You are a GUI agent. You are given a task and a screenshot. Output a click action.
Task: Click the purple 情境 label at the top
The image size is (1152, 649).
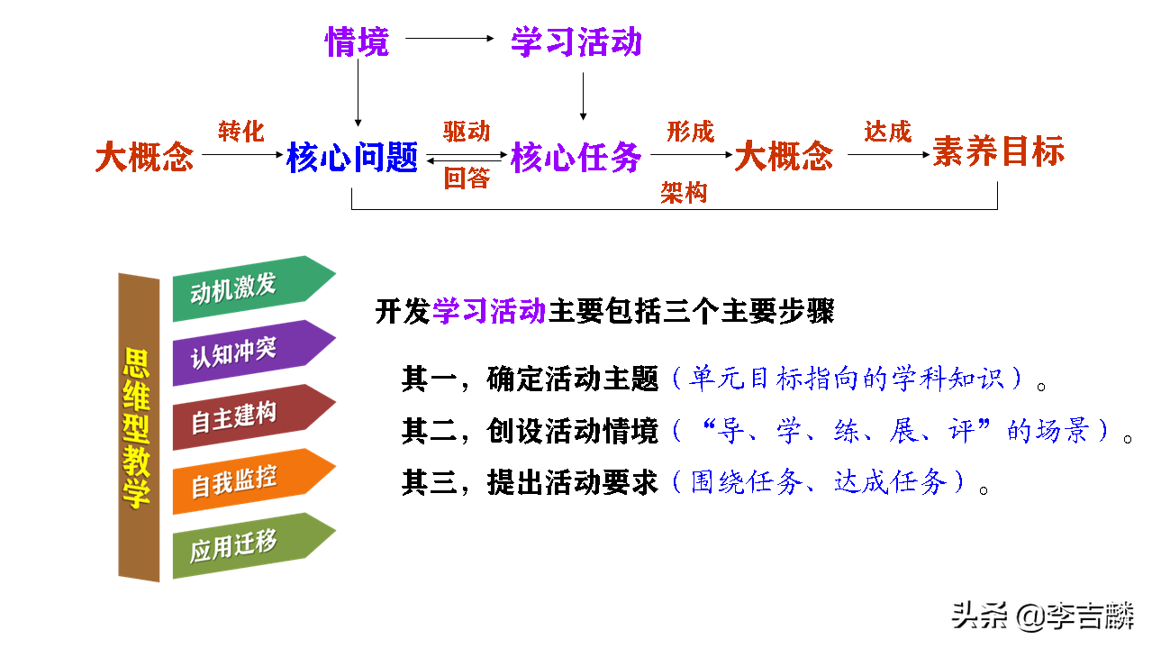point(357,41)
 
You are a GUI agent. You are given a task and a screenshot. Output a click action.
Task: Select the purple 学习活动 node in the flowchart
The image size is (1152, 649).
point(576,41)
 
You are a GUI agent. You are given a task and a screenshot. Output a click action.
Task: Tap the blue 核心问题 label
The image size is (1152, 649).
point(352,158)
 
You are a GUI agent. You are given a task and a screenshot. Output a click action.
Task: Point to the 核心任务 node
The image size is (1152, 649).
point(576,158)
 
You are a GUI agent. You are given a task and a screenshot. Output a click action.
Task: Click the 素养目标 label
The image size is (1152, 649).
point(998,151)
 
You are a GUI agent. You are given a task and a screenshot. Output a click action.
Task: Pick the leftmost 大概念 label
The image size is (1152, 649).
point(144,158)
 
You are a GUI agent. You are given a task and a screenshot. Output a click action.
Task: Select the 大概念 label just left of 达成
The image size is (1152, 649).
point(784,158)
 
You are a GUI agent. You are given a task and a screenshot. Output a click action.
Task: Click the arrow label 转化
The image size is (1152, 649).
point(241,132)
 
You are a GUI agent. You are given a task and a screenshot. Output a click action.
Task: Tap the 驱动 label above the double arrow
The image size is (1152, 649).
point(467,132)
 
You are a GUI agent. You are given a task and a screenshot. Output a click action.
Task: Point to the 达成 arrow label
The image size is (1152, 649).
point(887,132)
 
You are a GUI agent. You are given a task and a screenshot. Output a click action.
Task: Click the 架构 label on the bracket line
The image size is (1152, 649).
point(684,193)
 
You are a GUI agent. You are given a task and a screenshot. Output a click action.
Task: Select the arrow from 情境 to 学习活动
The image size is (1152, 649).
point(450,39)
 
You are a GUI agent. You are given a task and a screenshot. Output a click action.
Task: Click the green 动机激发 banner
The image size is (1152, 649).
point(243,288)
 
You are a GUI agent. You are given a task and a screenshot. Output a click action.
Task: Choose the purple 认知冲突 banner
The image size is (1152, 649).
point(243,352)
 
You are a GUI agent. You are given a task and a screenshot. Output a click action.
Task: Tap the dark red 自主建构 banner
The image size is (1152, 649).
point(243,417)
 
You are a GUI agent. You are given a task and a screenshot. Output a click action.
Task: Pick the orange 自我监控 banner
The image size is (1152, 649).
point(243,481)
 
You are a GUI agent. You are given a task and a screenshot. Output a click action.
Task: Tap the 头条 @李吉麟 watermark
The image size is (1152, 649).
point(1043,617)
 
